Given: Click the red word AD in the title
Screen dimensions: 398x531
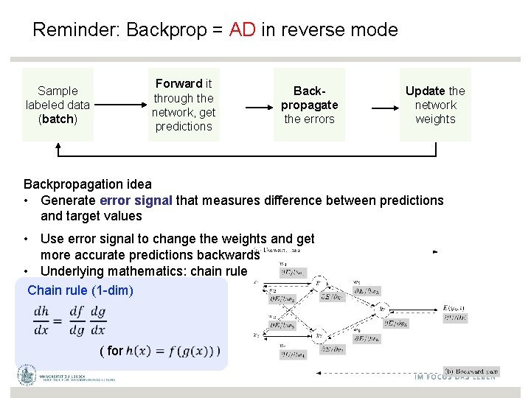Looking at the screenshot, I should (242, 30).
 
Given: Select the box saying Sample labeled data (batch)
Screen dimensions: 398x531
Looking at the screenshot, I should (58, 105).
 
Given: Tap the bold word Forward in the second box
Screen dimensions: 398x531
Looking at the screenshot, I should (179, 83).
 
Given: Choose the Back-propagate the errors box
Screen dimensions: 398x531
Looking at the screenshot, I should (309, 105).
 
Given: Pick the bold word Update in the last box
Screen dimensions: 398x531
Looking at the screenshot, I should (425, 91).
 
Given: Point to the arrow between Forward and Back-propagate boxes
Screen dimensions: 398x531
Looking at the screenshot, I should (247, 108).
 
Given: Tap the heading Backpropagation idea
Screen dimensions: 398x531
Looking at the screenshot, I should (88, 184).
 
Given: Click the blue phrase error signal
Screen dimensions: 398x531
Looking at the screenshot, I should (136, 200).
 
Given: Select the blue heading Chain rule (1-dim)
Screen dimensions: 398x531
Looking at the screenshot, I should (80, 290).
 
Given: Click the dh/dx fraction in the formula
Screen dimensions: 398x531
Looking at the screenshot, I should (42, 320).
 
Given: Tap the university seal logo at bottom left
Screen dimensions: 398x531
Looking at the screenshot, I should (27, 374).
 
